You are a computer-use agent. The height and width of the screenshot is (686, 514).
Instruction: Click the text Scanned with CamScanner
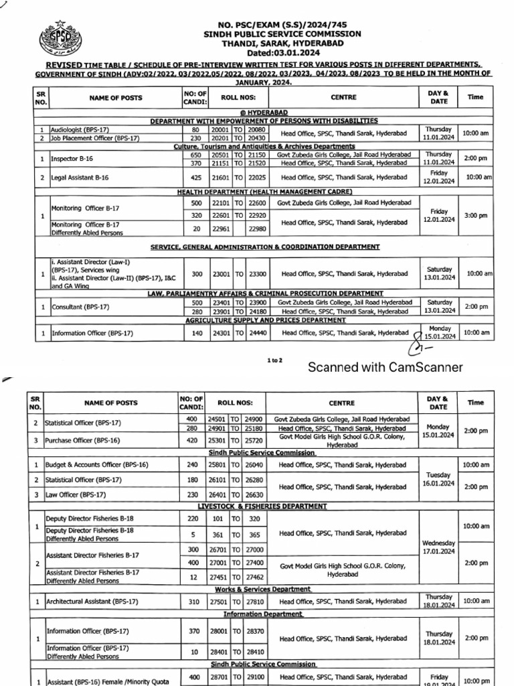[x=385, y=367]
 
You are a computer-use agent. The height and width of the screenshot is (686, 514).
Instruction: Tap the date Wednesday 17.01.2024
[x=438, y=547]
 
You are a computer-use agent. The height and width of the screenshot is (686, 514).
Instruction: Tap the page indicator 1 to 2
[x=274, y=360]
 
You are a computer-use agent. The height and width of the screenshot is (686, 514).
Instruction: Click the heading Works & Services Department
[x=262, y=589]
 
